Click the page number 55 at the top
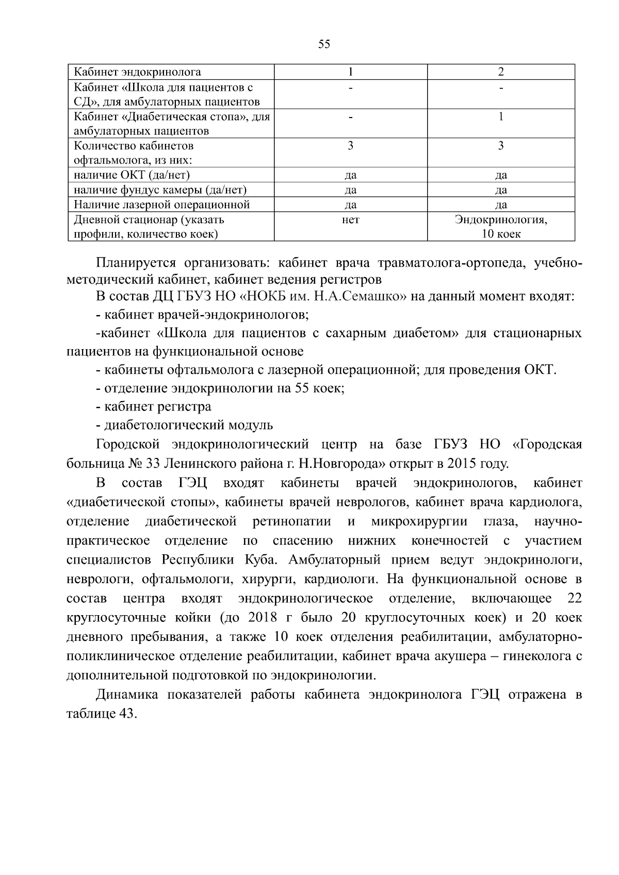[x=324, y=44]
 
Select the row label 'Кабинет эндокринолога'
[x=138, y=72]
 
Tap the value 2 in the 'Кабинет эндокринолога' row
[x=501, y=72]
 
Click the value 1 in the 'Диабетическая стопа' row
[x=501, y=117]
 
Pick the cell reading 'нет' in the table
[x=350, y=220]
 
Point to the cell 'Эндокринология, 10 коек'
[x=501, y=227]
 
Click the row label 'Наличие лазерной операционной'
[x=162, y=205]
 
